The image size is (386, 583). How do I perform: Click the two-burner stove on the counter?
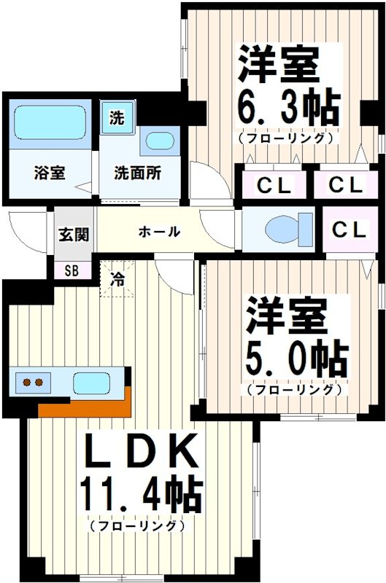[x=32, y=382]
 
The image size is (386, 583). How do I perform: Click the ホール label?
[x=159, y=232]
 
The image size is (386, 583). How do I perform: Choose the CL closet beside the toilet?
[x=349, y=230]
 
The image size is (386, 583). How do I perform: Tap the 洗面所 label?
[x=137, y=173]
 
